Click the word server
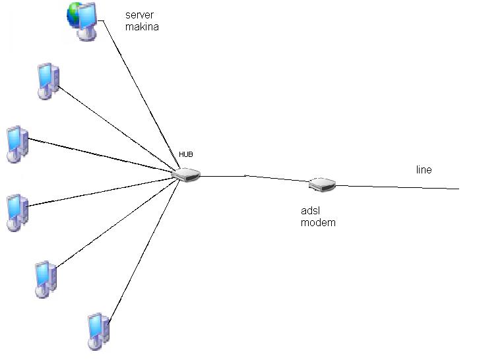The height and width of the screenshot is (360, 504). [x=139, y=15]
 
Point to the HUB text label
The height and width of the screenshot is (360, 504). [x=186, y=154]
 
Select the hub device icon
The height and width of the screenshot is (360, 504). [x=185, y=175]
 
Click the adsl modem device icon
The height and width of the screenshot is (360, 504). [x=323, y=185]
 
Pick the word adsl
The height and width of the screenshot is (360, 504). [x=310, y=211]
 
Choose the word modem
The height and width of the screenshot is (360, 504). [x=318, y=223]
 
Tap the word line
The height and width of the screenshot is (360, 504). [x=424, y=170]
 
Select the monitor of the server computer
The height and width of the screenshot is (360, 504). [x=88, y=18]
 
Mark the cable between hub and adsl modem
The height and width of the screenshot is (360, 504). [x=254, y=177]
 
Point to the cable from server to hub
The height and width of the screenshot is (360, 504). [x=139, y=96]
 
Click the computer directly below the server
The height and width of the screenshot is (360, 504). [x=48, y=80]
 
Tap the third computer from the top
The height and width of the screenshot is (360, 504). [x=16, y=144]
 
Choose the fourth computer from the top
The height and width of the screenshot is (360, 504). [x=16, y=212]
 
